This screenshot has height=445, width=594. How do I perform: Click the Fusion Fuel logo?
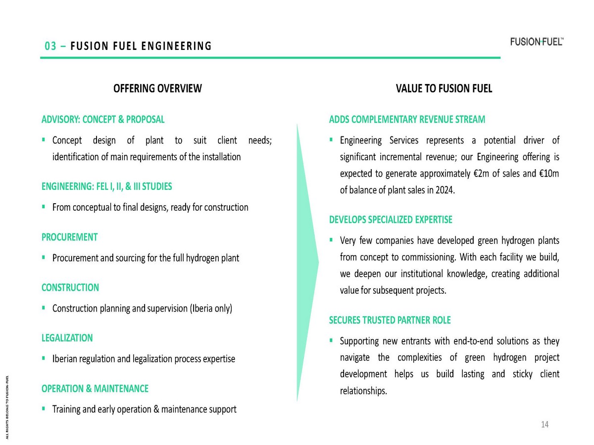537,42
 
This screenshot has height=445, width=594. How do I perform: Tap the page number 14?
545,425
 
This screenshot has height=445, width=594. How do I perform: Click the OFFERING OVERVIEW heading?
157,89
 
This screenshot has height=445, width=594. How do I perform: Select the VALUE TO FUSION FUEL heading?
444,89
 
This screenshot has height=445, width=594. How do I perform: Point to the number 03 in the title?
50,46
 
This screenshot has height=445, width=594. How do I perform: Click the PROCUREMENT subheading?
69,237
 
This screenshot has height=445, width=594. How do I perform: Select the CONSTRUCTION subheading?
70,287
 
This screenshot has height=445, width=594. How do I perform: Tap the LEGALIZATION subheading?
67,338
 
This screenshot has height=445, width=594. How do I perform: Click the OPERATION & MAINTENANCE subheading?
95,389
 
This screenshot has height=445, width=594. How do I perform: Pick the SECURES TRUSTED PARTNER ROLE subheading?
390,320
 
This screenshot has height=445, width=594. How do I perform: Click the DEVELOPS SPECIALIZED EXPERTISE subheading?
391,220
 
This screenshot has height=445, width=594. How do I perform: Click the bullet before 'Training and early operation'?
44,408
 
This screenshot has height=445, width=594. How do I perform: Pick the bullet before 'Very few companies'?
331,240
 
